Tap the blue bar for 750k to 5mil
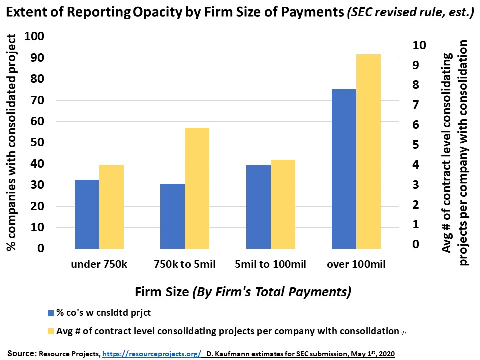click(x=172, y=216)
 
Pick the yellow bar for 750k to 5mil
click(x=197, y=188)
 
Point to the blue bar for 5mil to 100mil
click(x=258, y=206)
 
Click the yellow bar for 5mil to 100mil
click(x=283, y=204)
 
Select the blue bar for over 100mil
click(x=344, y=168)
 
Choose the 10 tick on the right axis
click(x=418, y=45)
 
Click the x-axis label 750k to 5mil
click(x=185, y=264)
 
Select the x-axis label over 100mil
click(x=356, y=264)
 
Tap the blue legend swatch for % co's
click(x=50, y=313)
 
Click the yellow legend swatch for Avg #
click(x=50, y=331)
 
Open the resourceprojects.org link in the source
click(x=151, y=354)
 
